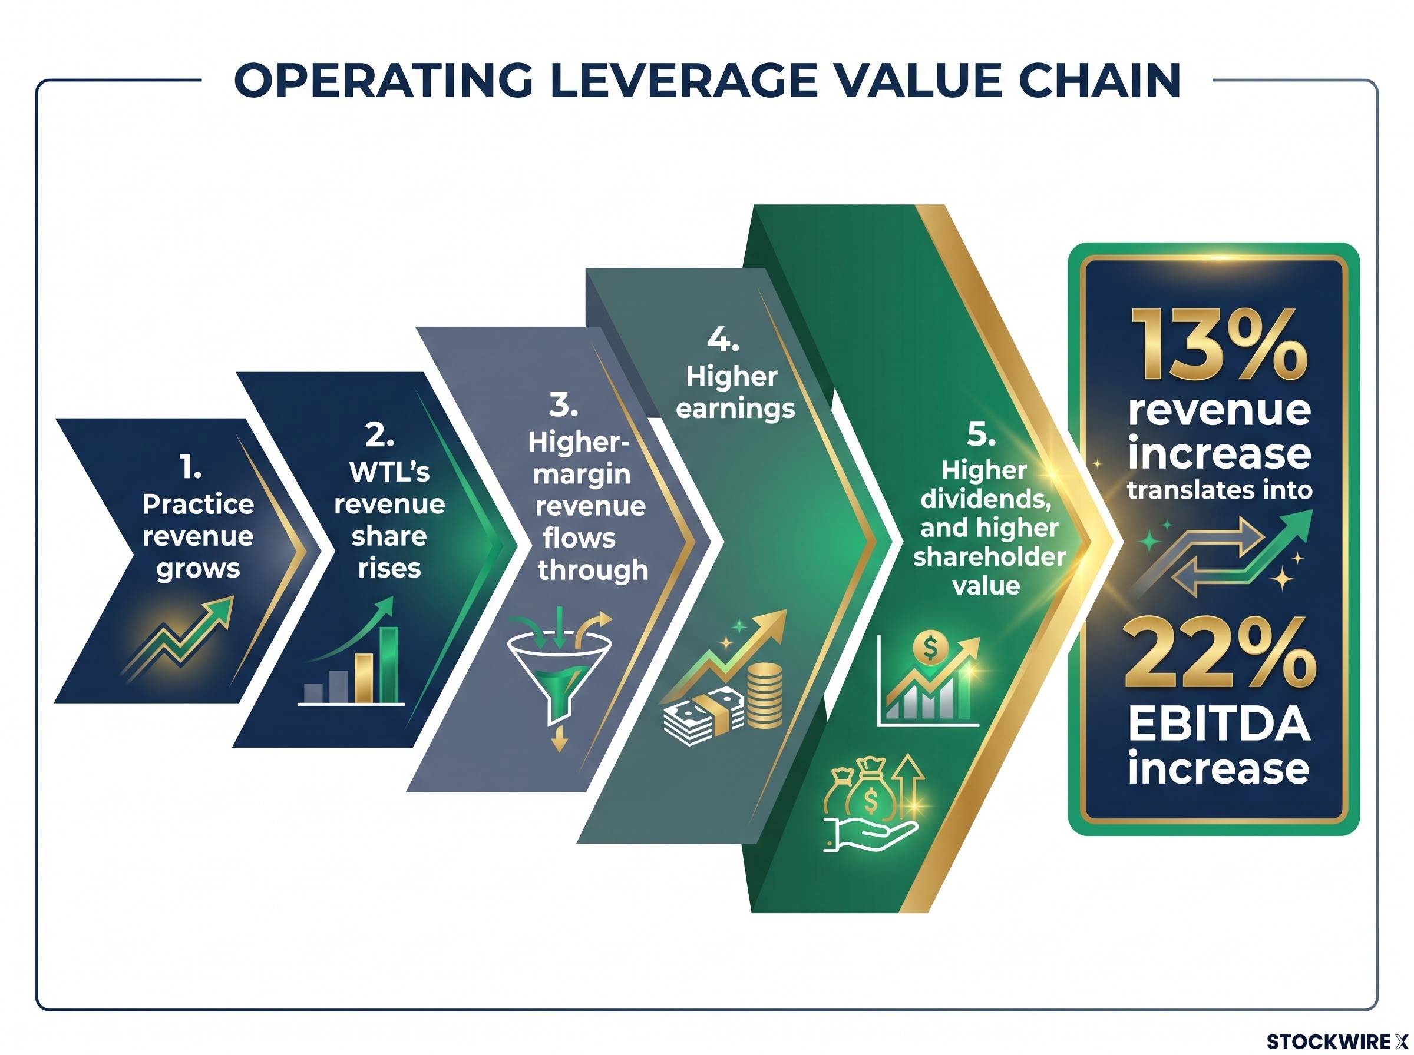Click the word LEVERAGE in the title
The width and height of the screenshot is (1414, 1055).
click(x=682, y=81)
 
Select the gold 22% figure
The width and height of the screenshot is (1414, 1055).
click(x=1219, y=652)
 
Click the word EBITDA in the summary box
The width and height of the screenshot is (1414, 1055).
click(x=1219, y=725)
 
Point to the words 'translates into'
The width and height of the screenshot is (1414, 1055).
click(x=1219, y=490)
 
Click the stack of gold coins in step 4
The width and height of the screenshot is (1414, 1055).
click(x=764, y=695)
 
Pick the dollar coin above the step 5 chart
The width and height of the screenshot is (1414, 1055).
click(x=930, y=648)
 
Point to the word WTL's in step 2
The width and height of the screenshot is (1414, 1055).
click(x=389, y=472)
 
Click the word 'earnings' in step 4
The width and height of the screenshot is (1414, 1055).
click(x=735, y=409)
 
